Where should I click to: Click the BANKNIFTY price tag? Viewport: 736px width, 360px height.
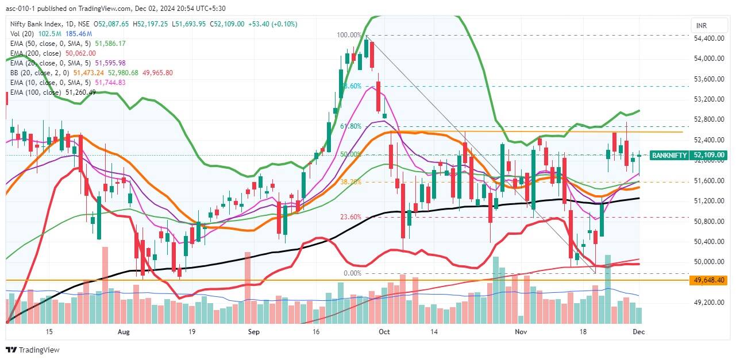pos(669,155)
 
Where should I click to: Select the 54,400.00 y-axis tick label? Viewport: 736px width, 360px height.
pos(710,38)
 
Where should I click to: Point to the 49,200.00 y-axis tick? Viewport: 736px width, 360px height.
pos(710,303)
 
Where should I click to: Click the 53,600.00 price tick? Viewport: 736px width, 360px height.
pos(710,79)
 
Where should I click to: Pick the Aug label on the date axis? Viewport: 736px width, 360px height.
pos(124,332)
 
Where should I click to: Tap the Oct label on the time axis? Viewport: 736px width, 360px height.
pos(384,332)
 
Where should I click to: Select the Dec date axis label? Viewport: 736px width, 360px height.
pos(638,332)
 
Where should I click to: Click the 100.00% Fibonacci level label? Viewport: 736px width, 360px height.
pos(349,35)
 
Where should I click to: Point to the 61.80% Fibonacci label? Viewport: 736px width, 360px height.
pos(350,126)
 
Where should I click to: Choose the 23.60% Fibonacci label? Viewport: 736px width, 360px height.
pos(350,217)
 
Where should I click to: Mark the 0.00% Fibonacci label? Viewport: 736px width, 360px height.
pos(352,273)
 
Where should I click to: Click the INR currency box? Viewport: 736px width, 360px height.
pos(701,26)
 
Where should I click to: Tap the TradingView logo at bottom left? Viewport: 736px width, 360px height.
pos(33,350)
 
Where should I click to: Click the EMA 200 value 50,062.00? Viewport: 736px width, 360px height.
pos(80,53)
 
